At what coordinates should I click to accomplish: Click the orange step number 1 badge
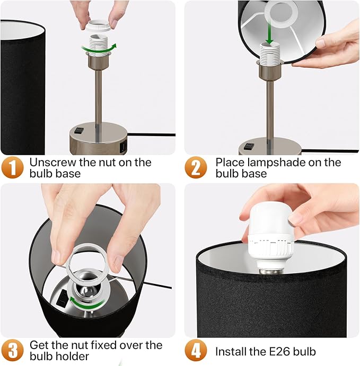point(12,167)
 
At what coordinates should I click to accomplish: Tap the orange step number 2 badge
point(196,167)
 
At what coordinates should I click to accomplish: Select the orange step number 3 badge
point(12,350)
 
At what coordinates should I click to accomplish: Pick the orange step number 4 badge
point(196,350)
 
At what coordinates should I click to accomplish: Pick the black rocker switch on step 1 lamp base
point(79,130)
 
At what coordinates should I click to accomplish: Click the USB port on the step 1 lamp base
point(123,147)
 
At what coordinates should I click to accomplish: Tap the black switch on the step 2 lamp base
point(249,146)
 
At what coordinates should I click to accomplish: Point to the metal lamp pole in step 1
point(99,105)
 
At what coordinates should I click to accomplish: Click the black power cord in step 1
point(152,135)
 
